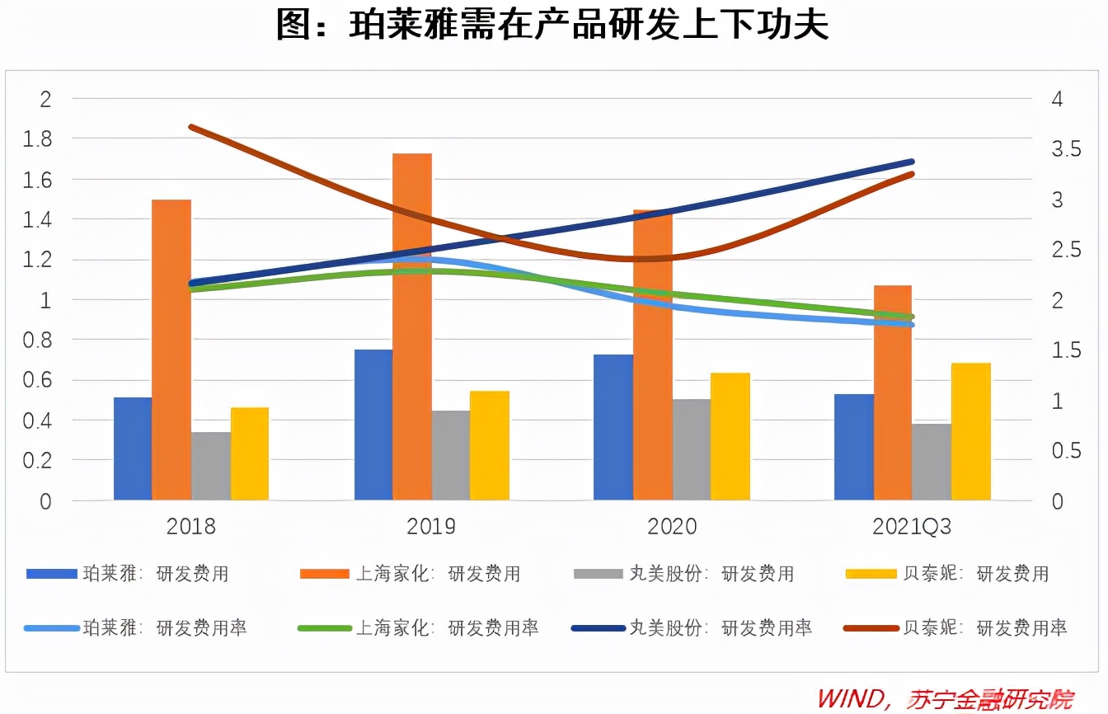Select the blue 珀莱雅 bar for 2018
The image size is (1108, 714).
133,449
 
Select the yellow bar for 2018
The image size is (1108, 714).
250,453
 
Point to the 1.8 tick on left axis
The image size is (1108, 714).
37,139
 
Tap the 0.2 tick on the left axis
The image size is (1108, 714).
37,461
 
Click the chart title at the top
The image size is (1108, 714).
552,26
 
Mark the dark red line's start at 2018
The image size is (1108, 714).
191,127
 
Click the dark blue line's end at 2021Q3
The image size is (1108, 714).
912,162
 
